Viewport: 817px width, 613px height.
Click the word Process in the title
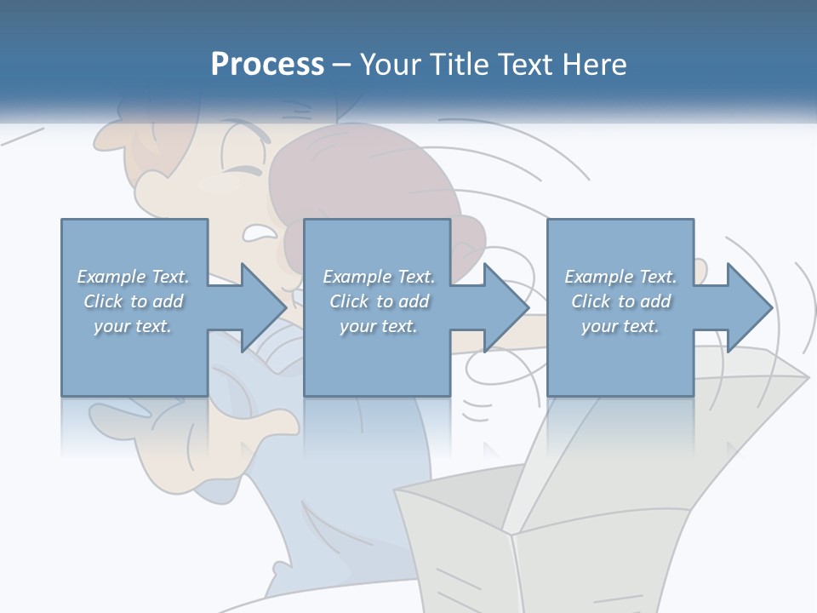pyautogui.click(x=267, y=65)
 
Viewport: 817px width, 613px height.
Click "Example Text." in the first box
pyautogui.click(x=134, y=277)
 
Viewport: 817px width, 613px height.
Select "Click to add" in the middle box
pyautogui.click(x=380, y=301)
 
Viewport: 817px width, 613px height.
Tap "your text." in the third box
pyautogui.click(x=620, y=326)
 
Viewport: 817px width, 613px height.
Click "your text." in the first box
pyautogui.click(x=133, y=326)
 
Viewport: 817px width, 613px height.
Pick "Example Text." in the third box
pyautogui.click(x=620, y=277)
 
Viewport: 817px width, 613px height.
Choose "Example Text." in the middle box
pyautogui.click(x=379, y=277)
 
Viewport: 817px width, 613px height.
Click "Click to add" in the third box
pyautogui.click(x=621, y=301)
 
